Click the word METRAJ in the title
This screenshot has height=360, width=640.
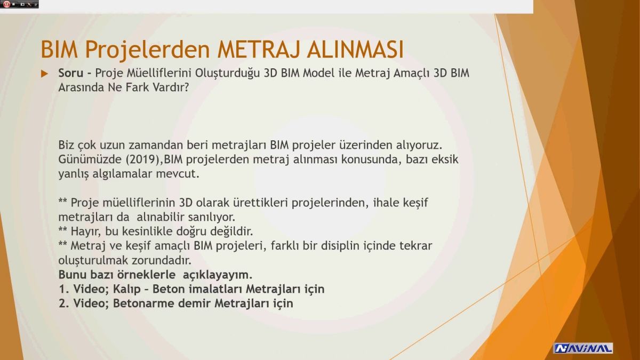(x=259, y=50)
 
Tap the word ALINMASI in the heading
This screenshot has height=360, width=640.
(x=355, y=50)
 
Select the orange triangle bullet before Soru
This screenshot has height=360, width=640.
(x=44, y=74)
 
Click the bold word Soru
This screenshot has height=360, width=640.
(x=71, y=73)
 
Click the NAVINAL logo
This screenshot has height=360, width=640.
(x=583, y=348)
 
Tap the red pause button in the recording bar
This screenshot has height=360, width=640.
(x=6, y=4)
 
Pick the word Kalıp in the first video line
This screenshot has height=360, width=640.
(x=126, y=289)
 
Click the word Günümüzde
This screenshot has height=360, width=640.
(x=90, y=159)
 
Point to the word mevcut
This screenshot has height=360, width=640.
(x=178, y=174)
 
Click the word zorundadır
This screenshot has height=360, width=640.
(x=162, y=260)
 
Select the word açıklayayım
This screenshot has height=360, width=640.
(x=218, y=275)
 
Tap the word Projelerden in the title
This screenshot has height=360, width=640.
(x=148, y=50)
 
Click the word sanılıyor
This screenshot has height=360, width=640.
(x=211, y=217)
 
